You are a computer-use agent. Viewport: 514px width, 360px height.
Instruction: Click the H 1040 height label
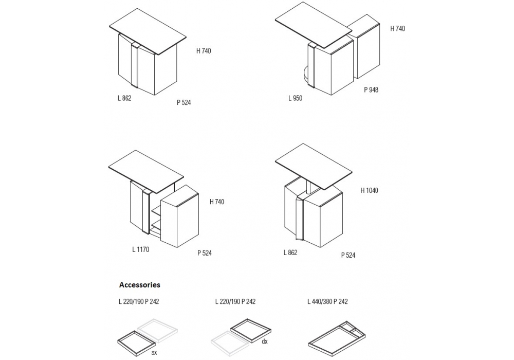pos(369,190)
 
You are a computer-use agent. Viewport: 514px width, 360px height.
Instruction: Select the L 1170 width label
pos(141,249)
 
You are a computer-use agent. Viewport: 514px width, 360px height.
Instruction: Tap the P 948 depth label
pos(371,90)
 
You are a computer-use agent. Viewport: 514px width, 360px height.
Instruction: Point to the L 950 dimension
pos(296,98)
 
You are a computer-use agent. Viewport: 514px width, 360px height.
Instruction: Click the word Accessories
pos(140,284)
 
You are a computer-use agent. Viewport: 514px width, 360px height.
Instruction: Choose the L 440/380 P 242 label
pos(327,302)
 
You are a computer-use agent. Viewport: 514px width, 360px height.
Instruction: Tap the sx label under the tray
pos(154,352)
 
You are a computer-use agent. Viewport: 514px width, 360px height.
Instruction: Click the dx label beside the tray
pos(265,341)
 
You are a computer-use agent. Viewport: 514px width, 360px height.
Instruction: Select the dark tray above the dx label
pos(251,330)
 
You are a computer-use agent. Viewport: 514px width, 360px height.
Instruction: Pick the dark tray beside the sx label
pos(136,343)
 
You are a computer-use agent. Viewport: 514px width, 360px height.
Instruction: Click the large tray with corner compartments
pos(337,339)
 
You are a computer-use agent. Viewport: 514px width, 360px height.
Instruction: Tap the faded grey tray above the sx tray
pos(157,330)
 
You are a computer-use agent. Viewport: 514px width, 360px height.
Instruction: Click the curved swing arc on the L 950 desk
pos(305,74)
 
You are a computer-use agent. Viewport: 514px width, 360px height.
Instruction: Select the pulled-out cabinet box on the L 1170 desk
pos(179,215)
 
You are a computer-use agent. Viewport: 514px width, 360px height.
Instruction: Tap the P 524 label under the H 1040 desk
pos(348,255)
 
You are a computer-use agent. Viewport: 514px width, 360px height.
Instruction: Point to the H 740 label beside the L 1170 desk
pos(217,202)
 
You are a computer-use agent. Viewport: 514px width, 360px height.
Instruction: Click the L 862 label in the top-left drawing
pos(124,98)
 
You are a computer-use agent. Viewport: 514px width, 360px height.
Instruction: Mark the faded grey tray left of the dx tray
pos(229,343)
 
